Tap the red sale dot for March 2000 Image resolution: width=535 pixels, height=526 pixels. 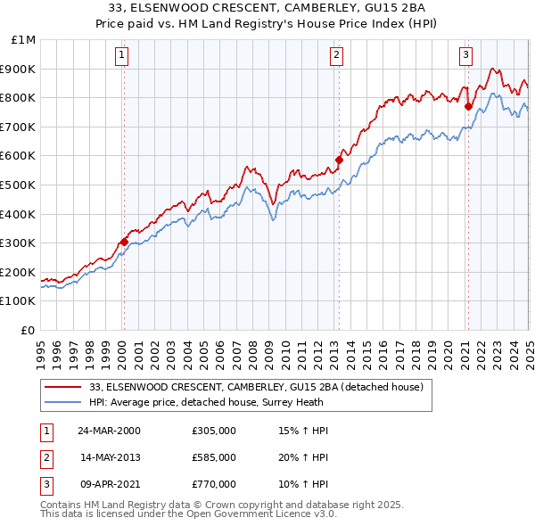[x=124, y=241]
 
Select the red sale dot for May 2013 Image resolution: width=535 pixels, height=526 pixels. [x=339, y=160]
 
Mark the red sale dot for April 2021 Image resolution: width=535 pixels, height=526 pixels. [x=468, y=106]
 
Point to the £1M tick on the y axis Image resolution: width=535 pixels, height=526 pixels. [x=24, y=40]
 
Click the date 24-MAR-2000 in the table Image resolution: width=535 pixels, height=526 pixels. [x=109, y=431]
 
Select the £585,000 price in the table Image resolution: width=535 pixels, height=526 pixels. [x=214, y=457]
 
